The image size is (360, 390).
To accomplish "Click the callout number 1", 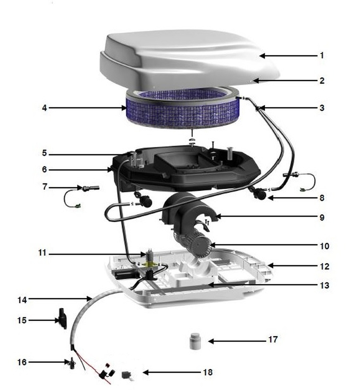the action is pyautogui.click(x=322, y=55).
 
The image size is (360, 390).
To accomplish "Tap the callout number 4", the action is pyautogui.click(x=44, y=108).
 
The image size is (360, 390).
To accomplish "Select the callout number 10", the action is pyautogui.click(x=324, y=246).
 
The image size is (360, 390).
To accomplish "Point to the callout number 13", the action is pyautogui.click(x=324, y=285).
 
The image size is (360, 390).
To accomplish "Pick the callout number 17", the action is pyautogui.click(x=273, y=339).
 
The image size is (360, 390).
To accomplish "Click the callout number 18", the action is pyautogui.click(x=208, y=372).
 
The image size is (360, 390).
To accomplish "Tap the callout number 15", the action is pyautogui.click(x=22, y=320).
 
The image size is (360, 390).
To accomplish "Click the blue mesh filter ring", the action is pyautogui.click(x=183, y=108).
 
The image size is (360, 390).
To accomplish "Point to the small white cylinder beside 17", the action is pyautogui.click(x=195, y=341).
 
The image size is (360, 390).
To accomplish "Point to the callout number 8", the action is pyautogui.click(x=322, y=198).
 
